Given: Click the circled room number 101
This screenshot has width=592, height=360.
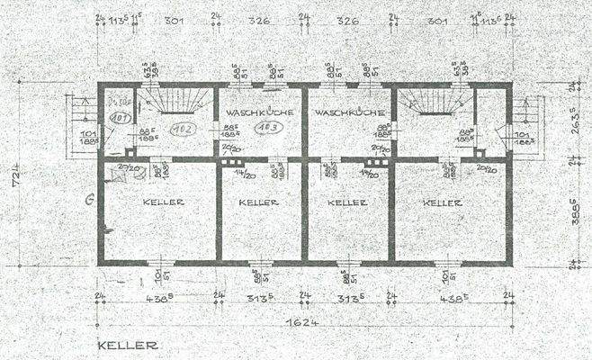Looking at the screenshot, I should click(120, 117).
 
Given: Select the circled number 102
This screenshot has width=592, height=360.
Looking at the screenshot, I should click(184, 128).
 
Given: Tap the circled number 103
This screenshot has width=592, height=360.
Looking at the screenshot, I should click(265, 129).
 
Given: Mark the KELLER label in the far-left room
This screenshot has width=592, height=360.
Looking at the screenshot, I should click(163, 202).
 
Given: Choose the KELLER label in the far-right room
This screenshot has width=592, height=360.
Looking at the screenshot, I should click(443, 202).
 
